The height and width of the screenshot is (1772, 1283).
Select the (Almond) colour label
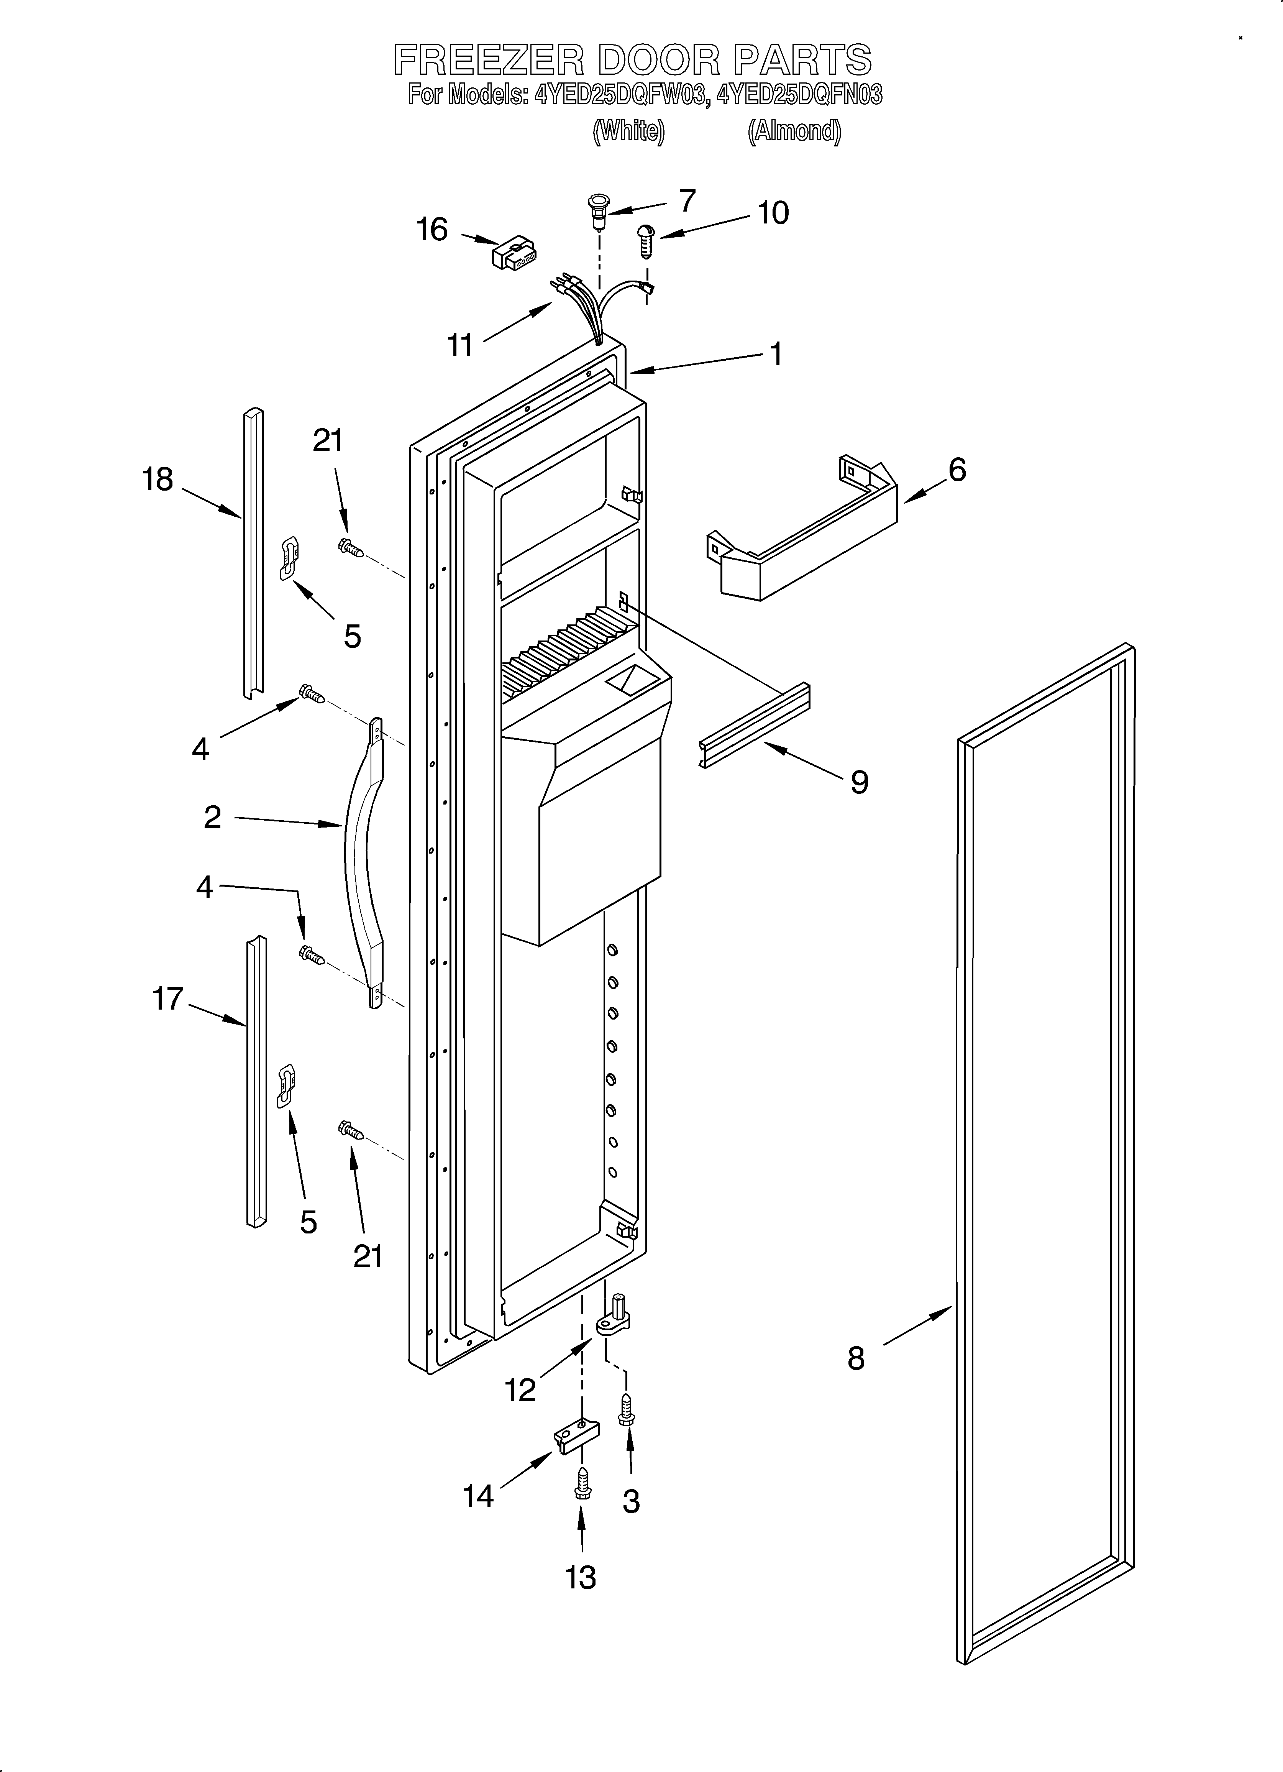(794, 130)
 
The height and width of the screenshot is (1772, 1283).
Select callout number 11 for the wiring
(460, 345)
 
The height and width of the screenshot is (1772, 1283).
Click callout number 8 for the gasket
(856, 1359)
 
